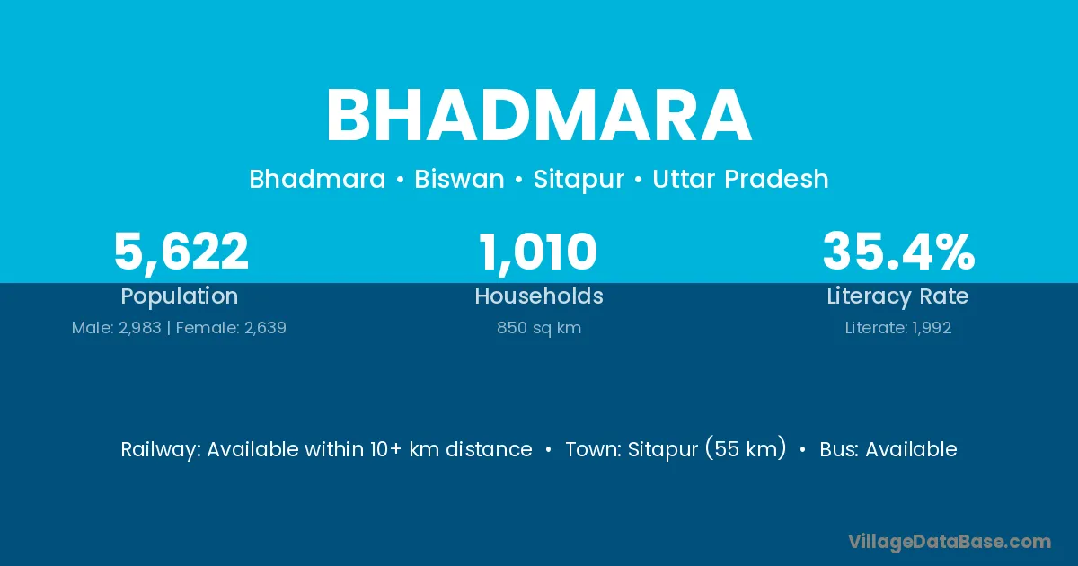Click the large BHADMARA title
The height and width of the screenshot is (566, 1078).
click(x=538, y=116)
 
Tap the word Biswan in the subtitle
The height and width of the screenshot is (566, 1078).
click(x=459, y=179)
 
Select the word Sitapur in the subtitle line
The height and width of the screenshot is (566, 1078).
click(x=579, y=180)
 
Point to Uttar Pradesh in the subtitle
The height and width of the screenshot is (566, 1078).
click(x=740, y=179)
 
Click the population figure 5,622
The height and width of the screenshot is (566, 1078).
click(x=181, y=252)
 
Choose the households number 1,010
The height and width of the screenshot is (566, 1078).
click(x=538, y=252)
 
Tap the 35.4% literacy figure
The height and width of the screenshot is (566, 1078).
click(x=898, y=252)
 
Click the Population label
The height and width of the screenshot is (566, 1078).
click(x=180, y=296)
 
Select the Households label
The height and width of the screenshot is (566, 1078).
click(x=539, y=296)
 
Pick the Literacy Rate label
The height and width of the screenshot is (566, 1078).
click(x=897, y=296)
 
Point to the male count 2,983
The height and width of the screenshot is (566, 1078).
click(x=139, y=328)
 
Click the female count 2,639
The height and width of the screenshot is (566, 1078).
click(x=265, y=328)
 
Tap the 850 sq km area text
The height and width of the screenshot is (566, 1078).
click(x=539, y=328)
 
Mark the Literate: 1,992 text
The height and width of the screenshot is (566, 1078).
click(x=898, y=328)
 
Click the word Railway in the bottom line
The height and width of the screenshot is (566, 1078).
click(x=161, y=450)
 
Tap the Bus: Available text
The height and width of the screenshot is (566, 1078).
click(x=888, y=449)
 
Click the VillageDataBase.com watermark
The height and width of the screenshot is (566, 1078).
click(x=950, y=542)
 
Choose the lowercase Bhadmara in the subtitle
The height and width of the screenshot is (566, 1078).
click(x=318, y=179)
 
